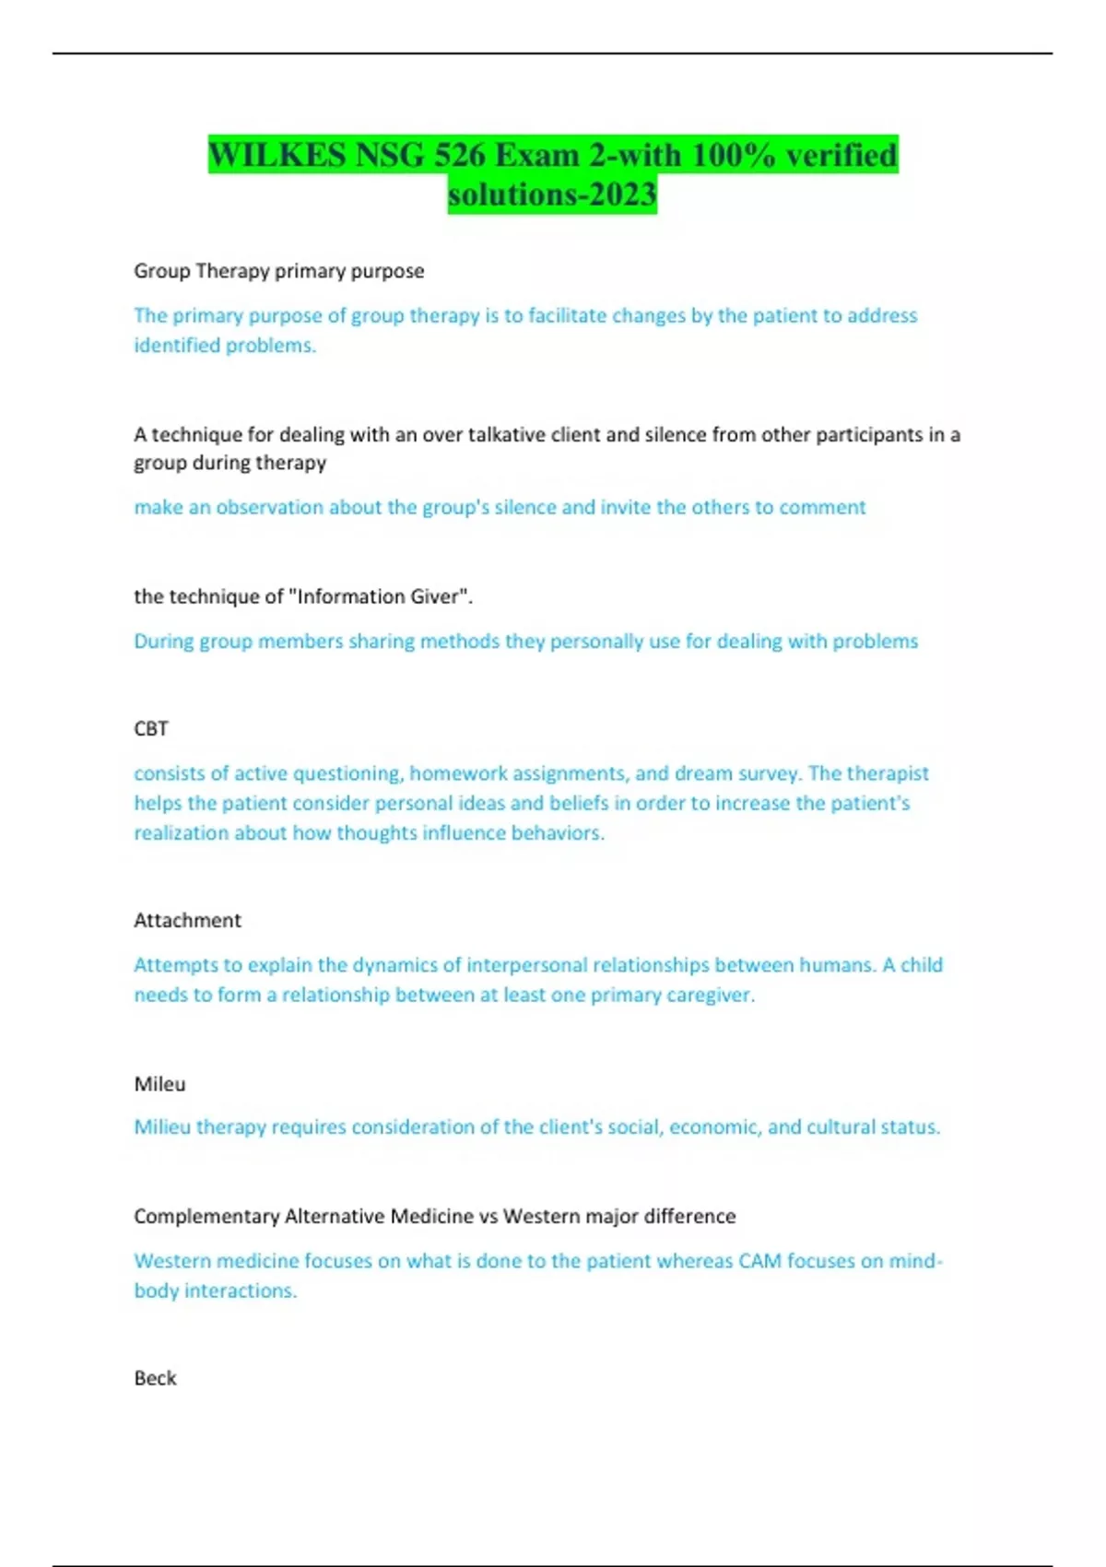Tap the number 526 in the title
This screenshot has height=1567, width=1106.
pyautogui.click(x=460, y=155)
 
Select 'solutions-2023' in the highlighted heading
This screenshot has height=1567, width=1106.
pyautogui.click(x=552, y=194)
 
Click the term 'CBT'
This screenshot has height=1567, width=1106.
pyautogui.click(x=151, y=729)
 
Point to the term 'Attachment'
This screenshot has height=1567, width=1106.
pyautogui.click(x=187, y=920)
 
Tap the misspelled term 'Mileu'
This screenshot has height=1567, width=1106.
pyautogui.click(x=159, y=1084)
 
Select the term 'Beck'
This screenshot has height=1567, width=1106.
pyautogui.click(x=155, y=1378)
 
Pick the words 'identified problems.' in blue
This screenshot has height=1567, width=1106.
pyautogui.click(x=225, y=346)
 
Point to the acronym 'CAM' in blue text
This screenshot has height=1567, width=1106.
pyautogui.click(x=759, y=1261)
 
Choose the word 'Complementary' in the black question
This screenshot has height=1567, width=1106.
pyautogui.click(x=206, y=1217)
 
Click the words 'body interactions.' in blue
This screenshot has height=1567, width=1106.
pyautogui.click(x=216, y=1291)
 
